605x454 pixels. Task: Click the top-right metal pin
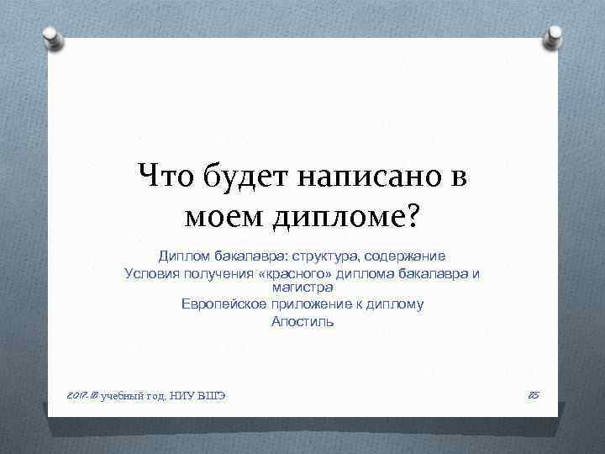553,35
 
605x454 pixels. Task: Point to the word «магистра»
302,288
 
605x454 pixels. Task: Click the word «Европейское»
223,304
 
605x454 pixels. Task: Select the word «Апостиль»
302,321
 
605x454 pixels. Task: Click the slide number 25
532,393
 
